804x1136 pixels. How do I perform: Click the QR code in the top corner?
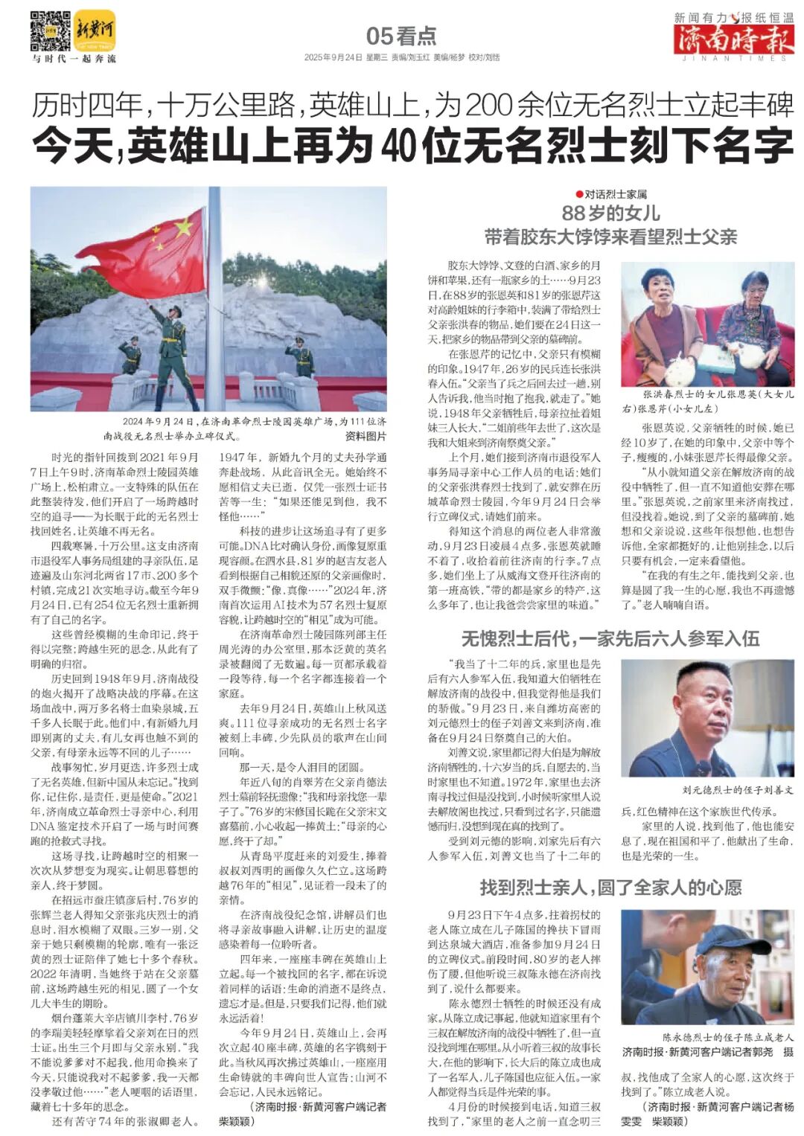pyautogui.click(x=50, y=31)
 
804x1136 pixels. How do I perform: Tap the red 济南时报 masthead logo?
pyautogui.click(x=733, y=39)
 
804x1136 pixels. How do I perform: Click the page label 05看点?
pyautogui.click(x=401, y=36)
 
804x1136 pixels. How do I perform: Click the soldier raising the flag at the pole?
pyautogui.click(x=173, y=350)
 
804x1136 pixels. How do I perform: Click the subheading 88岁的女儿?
pyautogui.click(x=610, y=214)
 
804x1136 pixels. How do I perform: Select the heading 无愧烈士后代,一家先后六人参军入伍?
pyautogui.click(x=610, y=638)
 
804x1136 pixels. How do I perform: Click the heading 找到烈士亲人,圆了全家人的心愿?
pyautogui.click(x=610, y=887)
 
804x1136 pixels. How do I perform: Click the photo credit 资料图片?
pyautogui.click(x=366, y=436)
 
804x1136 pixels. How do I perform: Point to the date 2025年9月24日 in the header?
pyautogui.click(x=332, y=57)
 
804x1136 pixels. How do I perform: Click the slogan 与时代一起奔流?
pyautogui.click(x=74, y=58)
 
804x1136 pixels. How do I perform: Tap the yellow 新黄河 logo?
pyautogui.click(x=95, y=31)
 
